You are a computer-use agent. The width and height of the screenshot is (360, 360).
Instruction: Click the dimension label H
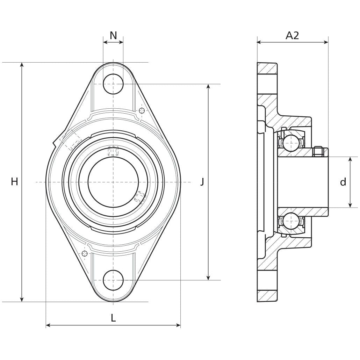(14, 181)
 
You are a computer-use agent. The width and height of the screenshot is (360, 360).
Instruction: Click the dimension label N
(113, 35)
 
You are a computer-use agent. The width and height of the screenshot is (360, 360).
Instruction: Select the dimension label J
(202, 182)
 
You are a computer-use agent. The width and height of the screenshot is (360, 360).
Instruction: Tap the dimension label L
(113, 318)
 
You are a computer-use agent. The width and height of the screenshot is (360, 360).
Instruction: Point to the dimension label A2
(293, 35)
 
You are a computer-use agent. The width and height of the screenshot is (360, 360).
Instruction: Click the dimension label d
(343, 182)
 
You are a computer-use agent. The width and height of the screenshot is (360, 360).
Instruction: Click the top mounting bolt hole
(113, 84)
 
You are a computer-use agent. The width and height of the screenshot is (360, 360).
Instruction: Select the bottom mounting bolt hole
(113, 280)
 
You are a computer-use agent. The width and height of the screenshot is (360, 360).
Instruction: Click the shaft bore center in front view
(113, 182)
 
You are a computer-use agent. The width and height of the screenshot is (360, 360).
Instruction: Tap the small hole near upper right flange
(142, 111)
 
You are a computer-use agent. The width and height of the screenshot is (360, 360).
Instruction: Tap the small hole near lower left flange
(85, 253)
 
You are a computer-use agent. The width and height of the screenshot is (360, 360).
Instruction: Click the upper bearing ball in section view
(291, 142)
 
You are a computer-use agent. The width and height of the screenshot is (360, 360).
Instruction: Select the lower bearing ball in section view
(291, 221)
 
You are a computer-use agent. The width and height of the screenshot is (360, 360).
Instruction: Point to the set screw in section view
(318, 151)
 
